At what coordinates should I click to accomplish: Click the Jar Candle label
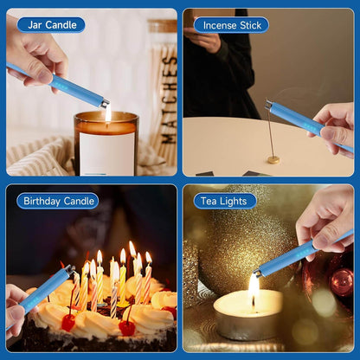click(51, 24)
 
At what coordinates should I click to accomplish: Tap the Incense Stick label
click(230, 24)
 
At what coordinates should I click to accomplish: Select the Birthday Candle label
click(57, 201)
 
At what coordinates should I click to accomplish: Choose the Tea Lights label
click(224, 201)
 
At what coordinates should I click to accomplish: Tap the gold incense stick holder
click(273, 159)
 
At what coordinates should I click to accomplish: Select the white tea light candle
click(247, 317)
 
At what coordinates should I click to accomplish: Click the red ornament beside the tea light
click(341, 280)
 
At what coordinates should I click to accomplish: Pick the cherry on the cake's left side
click(67, 322)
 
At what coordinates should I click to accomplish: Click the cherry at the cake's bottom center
click(127, 327)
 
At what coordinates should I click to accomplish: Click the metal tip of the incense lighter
click(269, 105)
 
